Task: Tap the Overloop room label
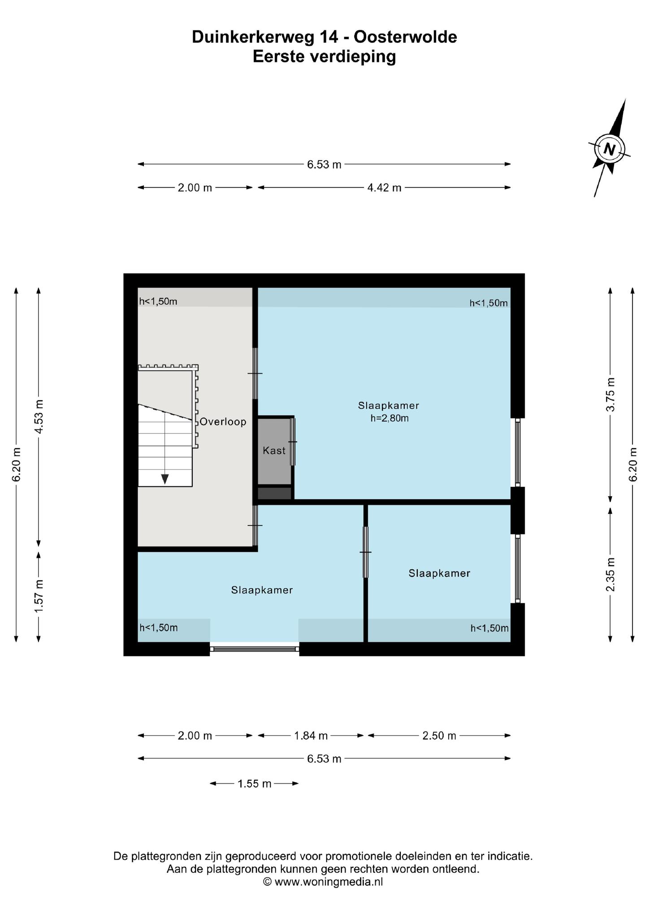coord(223,422)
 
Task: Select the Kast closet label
coord(274,450)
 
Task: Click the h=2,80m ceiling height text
coord(389,419)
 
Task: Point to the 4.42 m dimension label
coord(385,188)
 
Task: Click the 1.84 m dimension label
coord(311,736)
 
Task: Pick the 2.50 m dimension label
coord(439,736)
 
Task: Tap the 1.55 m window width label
coord(255,784)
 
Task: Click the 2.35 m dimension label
coord(610,575)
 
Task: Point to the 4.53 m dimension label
coord(39,416)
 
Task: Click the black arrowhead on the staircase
coord(165,479)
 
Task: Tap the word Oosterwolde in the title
coord(405,37)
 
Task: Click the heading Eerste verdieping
coord(324,57)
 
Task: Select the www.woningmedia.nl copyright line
coord(323,882)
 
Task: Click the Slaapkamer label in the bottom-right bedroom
coord(439,573)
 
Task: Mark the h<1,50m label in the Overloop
coord(158,301)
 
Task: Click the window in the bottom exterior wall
coord(255,649)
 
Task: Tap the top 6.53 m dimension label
coord(324,165)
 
